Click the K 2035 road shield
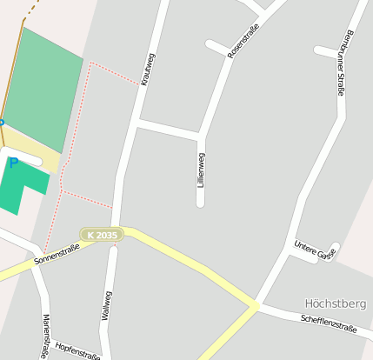102,235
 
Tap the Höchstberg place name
336,303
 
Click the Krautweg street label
148,69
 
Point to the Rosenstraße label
243,43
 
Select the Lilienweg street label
202,171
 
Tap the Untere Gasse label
314,250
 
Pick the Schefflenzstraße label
329,323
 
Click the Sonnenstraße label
57,254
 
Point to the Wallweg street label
106,306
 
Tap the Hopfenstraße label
77,350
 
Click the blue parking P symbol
14,162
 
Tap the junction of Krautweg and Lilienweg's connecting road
137,124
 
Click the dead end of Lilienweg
200,203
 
